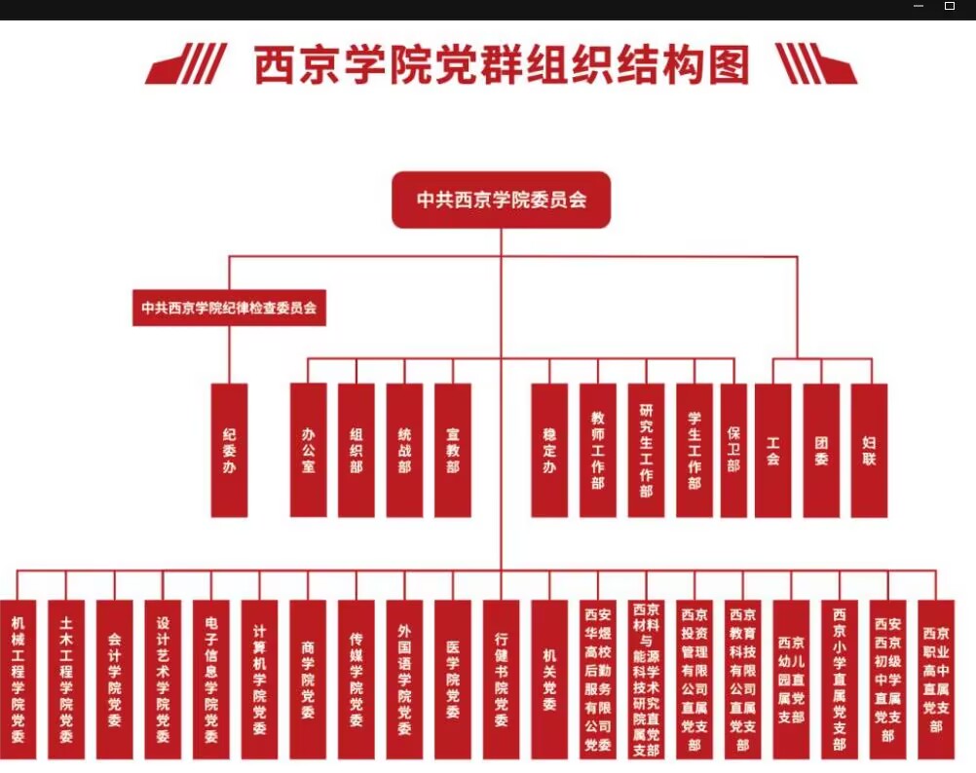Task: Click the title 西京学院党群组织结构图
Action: coord(502,66)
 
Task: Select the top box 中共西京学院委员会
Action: coord(502,201)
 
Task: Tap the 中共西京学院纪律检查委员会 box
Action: coord(229,308)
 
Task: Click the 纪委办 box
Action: coord(230,450)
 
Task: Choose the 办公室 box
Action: coord(308,450)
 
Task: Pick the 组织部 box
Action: coord(357,450)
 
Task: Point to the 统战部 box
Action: coord(404,450)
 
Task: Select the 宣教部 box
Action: coord(453,450)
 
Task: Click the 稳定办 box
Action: coord(549,450)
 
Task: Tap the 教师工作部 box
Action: coord(598,450)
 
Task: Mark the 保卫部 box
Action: coord(733,450)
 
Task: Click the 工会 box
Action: coord(772,450)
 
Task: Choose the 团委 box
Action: coord(821,450)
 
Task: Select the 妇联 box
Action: coord(869,450)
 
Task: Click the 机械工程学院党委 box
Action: coord(18,679)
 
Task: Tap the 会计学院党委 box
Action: coord(114,679)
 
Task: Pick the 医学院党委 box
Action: coord(453,679)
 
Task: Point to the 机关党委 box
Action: coord(549,679)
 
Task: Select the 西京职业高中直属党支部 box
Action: coord(936,679)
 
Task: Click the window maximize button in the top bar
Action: coord(950,7)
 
